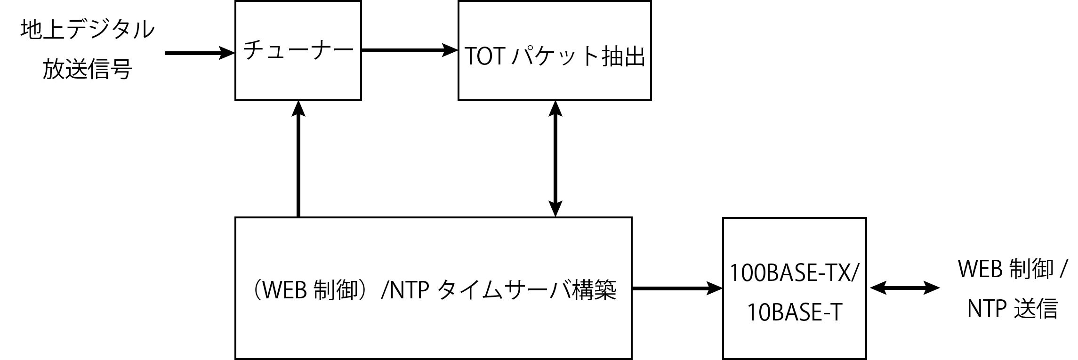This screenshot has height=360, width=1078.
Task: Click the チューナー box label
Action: click(298, 50)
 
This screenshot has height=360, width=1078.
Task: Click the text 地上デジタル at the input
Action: click(88, 29)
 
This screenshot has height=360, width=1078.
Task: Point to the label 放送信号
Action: click(87, 69)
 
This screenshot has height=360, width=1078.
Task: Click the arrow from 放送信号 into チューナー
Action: click(200, 53)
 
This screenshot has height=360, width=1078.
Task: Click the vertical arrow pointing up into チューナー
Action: click(298, 159)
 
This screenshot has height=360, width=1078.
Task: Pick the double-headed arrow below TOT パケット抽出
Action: click(556, 159)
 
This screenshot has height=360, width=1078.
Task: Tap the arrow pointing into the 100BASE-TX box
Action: click(677, 288)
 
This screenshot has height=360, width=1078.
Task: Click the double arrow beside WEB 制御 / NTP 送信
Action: click(905, 288)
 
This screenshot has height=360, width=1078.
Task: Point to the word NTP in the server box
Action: click(410, 290)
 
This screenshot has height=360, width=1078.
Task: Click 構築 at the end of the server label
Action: click(594, 290)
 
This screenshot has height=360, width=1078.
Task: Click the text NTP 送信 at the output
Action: click(1013, 308)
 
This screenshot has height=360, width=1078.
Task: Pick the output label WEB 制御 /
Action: click(1012, 269)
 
